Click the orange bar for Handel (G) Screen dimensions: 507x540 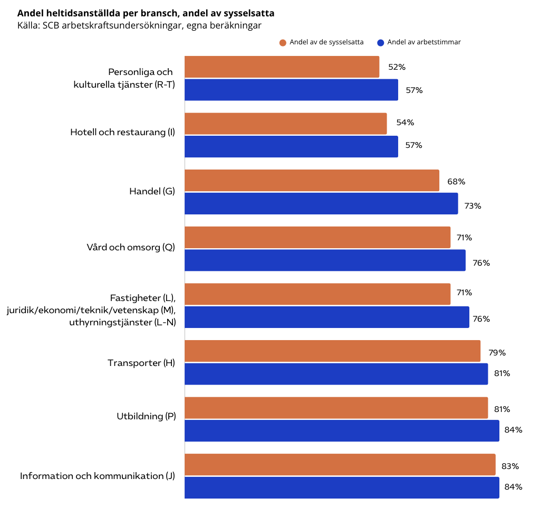(x=312, y=181)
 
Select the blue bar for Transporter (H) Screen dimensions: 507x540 (x=336, y=374)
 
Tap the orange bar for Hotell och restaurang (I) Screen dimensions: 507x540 (x=285, y=124)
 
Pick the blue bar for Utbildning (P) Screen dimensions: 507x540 (x=342, y=430)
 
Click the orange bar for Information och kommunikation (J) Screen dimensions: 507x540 (x=340, y=465)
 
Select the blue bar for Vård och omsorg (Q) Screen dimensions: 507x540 (x=325, y=260)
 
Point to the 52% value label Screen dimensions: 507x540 (x=397, y=67)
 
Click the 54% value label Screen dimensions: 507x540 (x=405, y=123)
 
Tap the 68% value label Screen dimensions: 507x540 (x=456, y=182)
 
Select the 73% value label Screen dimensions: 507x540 (x=472, y=206)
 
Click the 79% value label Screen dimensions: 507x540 (x=497, y=352)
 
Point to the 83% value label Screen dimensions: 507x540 (x=510, y=466)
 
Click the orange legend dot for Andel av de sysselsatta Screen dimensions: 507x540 (x=283, y=43)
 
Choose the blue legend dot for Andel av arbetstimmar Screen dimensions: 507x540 (x=380, y=43)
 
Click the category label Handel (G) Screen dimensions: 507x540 (x=152, y=191)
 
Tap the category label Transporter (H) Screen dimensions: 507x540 (x=141, y=363)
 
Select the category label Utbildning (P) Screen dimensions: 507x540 (x=146, y=416)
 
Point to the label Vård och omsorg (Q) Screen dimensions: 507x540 (x=131, y=247)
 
